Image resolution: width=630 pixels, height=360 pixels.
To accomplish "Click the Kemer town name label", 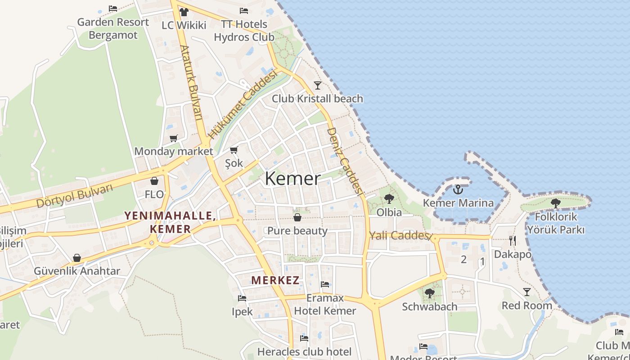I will point(292,179).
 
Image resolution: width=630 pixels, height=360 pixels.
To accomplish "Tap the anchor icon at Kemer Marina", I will point(458,189).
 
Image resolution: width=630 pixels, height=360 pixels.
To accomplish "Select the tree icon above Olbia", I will point(389,198).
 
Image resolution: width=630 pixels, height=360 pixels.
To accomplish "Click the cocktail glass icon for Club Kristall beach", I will point(318,85).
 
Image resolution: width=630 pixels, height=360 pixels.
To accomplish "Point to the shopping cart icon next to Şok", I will point(234,150).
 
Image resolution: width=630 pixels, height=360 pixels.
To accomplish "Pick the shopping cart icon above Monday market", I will point(173,138).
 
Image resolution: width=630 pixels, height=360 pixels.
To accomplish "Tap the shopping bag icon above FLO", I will point(154,181).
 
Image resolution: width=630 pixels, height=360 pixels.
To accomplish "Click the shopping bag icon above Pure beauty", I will point(297,218).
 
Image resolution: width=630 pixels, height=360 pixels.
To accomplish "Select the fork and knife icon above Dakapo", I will point(512,240).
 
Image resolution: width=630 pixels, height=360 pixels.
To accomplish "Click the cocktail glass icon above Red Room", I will point(526,292).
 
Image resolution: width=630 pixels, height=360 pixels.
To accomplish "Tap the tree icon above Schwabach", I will point(429,293).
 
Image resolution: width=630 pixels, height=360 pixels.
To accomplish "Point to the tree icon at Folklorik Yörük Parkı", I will point(556,203).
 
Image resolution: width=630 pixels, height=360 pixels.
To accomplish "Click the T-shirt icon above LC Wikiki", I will point(184,12).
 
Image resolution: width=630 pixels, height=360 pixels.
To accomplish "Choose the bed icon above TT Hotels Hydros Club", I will point(244,11).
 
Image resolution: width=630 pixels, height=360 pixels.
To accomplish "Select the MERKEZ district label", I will point(275,280).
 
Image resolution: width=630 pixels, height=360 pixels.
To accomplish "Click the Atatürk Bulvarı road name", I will point(191,83).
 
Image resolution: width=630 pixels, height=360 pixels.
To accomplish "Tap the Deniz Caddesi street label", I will point(345,161).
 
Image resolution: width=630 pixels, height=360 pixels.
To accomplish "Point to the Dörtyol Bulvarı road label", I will point(74,196).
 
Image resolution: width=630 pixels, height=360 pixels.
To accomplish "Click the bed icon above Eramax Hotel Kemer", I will point(325,284).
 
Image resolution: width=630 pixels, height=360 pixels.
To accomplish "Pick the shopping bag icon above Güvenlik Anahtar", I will point(77,258).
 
